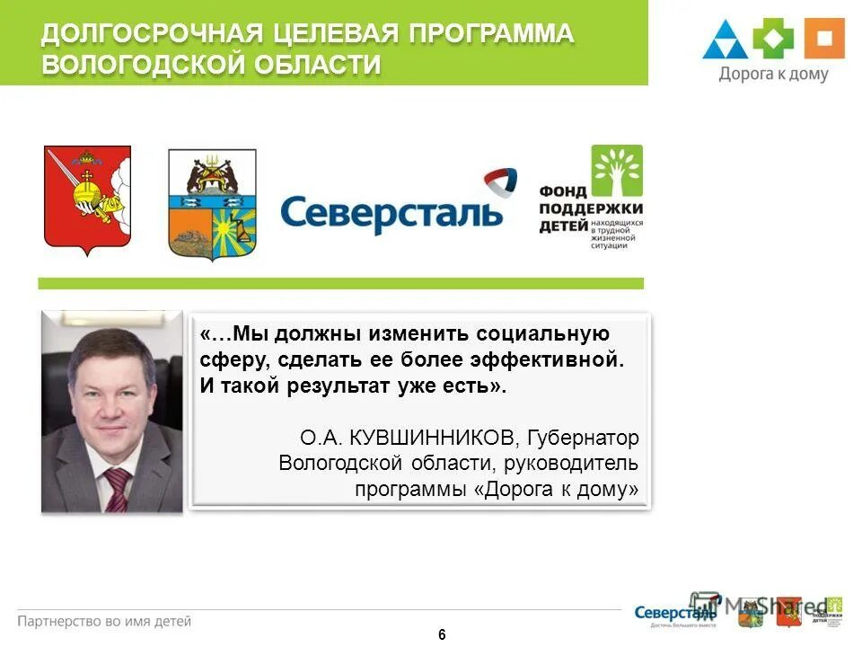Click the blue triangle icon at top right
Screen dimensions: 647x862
pos(726,40)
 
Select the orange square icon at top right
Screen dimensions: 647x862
pos(823,39)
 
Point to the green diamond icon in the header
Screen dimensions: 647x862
pos(774,39)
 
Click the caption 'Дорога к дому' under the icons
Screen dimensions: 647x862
pos(773,75)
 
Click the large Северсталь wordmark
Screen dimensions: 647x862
pos(391,213)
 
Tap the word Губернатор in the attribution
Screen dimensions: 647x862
pos(584,438)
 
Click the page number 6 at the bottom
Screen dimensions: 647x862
pos(442,634)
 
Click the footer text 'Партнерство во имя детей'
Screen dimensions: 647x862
pos(104,620)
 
